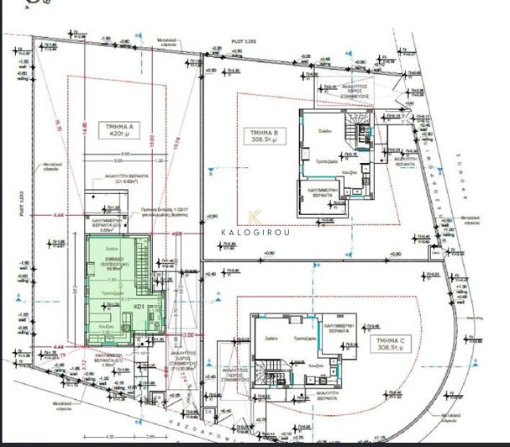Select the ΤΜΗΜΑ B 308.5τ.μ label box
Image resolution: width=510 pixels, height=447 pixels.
click(263, 138)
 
